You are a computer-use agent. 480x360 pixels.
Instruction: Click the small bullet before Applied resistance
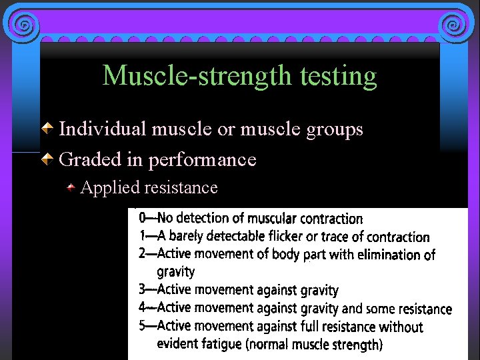(x=71, y=189)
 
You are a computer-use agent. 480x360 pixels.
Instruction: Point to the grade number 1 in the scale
(x=143, y=236)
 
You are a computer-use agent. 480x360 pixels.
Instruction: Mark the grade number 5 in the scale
(x=143, y=326)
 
